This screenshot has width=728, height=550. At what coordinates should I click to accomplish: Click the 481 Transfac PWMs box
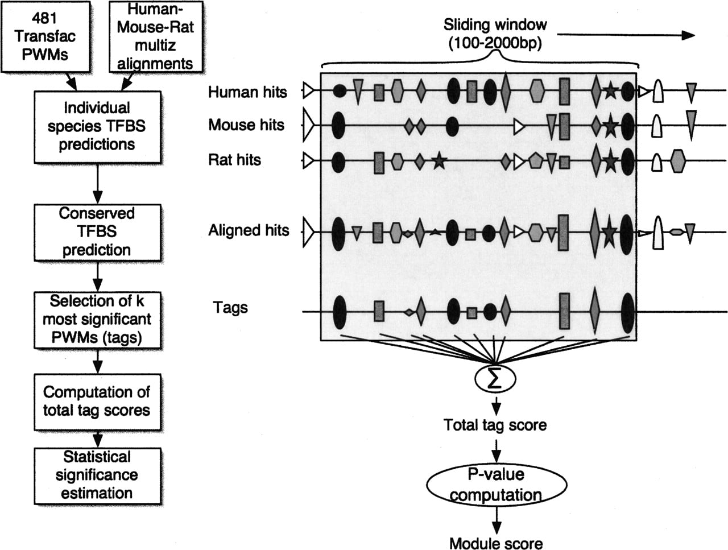pyautogui.click(x=45, y=36)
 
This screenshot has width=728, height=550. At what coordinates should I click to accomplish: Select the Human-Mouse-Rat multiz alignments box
pyautogui.click(x=155, y=36)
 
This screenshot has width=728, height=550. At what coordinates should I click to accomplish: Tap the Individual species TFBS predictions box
pyautogui.click(x=97, y=127)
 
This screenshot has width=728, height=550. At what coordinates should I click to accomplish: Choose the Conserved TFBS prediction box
pyautogui.click(x=97, y=232)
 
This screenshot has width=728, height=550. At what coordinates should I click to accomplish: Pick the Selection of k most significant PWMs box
pyautogui.click(x=97, y=320)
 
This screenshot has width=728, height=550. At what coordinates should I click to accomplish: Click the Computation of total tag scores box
pyautogui.click(x=97, y=402)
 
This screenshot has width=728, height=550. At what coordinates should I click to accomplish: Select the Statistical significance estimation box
pyautogui.click(x=97, y=476)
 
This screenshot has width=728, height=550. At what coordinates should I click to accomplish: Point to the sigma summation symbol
pyautogui.click(x=495, y=379)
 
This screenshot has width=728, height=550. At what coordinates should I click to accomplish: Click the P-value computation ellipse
pyautogui.click(x=496, y=485)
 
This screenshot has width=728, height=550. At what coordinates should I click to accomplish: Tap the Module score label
pyautogui.click(x=496, y=543)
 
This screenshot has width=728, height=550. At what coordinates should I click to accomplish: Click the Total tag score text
pyautogui.click(x=495, y=425)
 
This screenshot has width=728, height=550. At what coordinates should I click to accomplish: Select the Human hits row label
pyautogui.click(x=247, y=92)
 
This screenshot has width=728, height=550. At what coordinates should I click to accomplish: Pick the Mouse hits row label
pyautogui.click(x=246, y=125)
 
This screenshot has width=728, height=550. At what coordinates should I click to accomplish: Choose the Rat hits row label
pyautogui.click(x=234, y=160)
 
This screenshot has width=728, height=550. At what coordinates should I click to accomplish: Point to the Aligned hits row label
pyautogui.click(x=249, y=230)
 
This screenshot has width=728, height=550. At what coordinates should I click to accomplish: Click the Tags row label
pyautogui.click(x=230, y=307)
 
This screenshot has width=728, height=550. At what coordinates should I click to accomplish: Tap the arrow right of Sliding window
pyautogui.click(x=626, y=35)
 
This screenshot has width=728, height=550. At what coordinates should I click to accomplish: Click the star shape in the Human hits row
pyautogui.click(x=610, y=91)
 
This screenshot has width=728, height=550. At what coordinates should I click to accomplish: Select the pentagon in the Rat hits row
pyautogui.click(x=534, y=160)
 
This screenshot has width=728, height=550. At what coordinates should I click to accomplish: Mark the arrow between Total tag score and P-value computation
pyautogui.click(x=496, y=450)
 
